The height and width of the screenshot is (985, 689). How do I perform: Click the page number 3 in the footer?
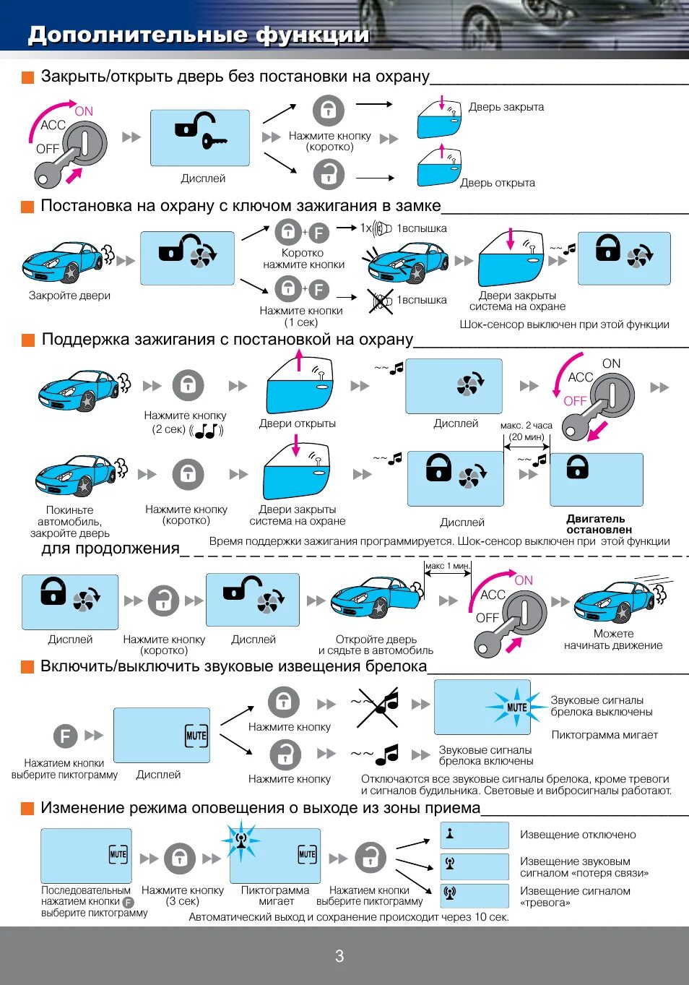click(339, 956)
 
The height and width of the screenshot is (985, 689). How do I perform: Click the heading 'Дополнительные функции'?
click(199, 35)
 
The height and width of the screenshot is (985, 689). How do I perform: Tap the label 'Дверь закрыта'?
click(506, 107)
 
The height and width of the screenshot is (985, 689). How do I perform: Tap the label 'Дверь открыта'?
click(497, 183)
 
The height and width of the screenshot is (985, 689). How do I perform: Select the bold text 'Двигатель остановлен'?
click(599, 524)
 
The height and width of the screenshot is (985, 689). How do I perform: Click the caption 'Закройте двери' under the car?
click(69, 296)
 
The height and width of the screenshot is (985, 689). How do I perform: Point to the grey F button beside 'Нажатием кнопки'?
click(65, 736)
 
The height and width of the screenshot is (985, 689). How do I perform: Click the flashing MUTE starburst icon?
click(516, 707)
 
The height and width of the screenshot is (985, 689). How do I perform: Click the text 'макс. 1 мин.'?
click(447, 566)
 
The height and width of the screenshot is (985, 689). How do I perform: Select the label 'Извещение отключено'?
click(578, 835)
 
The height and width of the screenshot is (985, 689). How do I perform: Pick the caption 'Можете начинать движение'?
click(613, 640)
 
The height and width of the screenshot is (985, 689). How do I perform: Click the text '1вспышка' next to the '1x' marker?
click(422, 228)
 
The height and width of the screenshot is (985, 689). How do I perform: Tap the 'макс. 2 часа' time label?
click(526, 426)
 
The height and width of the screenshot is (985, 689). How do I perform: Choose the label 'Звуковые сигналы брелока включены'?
click(485, 755)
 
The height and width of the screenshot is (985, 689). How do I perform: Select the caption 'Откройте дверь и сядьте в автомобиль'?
click(376, 645)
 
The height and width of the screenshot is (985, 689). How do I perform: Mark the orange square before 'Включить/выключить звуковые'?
click(27, 667)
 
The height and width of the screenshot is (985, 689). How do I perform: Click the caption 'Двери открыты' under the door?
click(297, 423)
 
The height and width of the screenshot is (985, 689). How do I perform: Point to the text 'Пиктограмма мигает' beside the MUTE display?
click(604, 735)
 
